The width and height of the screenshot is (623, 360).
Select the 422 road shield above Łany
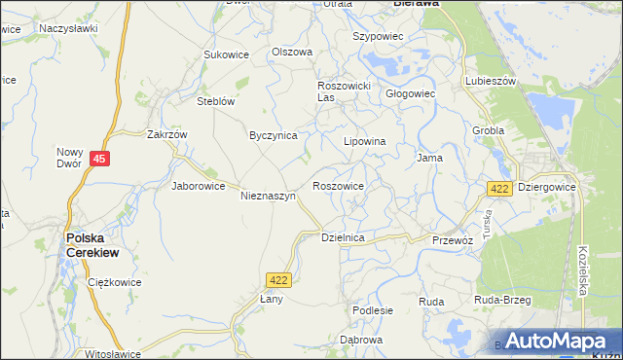click(277, 280)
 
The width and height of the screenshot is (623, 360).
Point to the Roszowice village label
click(338, 186)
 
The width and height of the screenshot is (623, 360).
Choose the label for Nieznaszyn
click(268, 196)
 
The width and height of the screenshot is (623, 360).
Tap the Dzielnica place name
click(343, 237)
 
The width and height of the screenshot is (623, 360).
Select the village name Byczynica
click(273, 136)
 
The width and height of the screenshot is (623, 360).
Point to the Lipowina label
click(365, 141)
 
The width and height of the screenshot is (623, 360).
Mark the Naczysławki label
click(68, 28)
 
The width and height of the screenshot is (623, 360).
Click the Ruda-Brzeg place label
click(502, 301)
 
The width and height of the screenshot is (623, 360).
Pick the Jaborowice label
click(199, 186)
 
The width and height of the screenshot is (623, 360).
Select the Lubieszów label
click(490, 82)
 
